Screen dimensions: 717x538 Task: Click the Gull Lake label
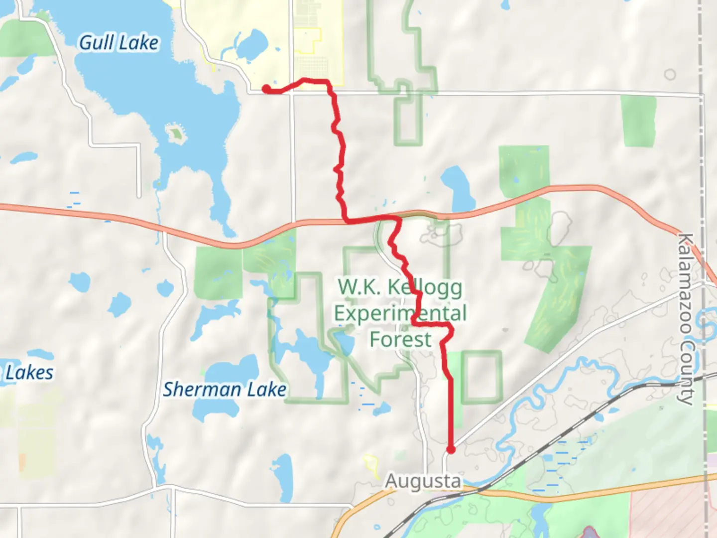[x=119, y=43]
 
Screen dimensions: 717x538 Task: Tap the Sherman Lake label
[x=225, y=390]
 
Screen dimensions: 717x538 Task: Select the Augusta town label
[x=423, y=481]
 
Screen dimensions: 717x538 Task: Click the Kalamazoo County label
[x=686, y=319]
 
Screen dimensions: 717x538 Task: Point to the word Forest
[x=400, y=340]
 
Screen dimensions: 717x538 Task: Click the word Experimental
[x=400, y=314]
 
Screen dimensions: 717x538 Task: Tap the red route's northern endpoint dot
[x=266, y=89]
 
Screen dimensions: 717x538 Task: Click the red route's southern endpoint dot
[x=451, y=450]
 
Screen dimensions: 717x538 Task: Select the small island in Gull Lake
[x=176, y=134]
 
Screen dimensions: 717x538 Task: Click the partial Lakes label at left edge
[x=28, y=373]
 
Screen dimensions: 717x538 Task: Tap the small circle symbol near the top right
[x=670, y=75]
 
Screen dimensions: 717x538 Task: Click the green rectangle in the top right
[x=638, y=121]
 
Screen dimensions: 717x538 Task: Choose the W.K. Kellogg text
[x=400, y=287]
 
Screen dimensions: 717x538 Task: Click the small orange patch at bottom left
[x=22, y=462]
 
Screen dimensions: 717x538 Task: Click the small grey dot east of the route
[x=505, y=330]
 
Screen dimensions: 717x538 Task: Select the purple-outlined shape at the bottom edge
[x=588, y=532]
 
